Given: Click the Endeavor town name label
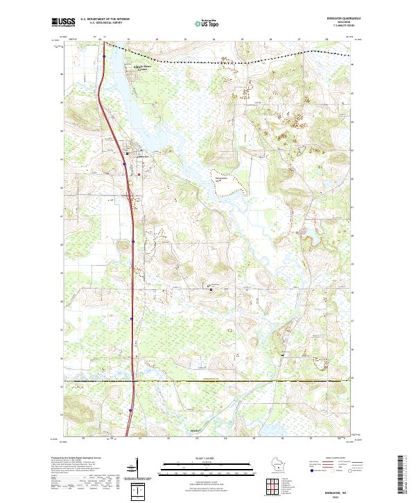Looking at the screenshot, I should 144,155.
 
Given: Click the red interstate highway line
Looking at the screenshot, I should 132,278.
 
